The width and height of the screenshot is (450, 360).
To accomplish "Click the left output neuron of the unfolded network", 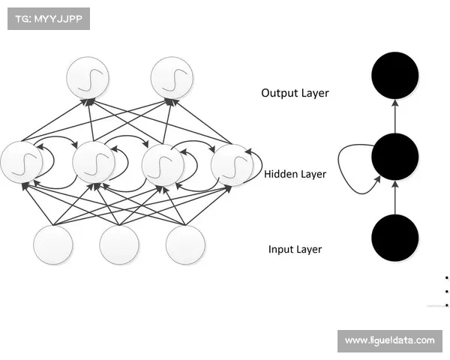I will coord(88,77).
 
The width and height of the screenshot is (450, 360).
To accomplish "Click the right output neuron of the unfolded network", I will coord(172,77).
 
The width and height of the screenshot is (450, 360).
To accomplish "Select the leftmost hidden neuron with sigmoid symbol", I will coord(22,161).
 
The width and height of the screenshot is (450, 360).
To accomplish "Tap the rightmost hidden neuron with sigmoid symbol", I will coord(231,163).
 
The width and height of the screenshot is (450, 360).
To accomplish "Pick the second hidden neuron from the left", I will coord(93,161).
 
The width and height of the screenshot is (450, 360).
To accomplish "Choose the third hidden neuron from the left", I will coord(162,163).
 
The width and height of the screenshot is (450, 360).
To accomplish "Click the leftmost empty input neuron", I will coord(53,244).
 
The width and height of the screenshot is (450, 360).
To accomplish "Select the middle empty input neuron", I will coord(119,244).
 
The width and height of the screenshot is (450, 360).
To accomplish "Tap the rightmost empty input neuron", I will coord(185,244).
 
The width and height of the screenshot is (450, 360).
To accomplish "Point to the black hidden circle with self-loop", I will coord(395,156).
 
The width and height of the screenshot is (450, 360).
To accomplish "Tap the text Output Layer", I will coord(295,93).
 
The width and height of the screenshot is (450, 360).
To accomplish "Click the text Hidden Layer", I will coord(295,174).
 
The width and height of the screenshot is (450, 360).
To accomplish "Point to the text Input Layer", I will coord(295,249).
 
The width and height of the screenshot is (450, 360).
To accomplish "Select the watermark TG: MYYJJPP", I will coord(48,18).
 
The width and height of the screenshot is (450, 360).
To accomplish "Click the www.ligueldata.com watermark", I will coord(389,340).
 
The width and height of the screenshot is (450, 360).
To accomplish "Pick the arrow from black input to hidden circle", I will coord(395,197).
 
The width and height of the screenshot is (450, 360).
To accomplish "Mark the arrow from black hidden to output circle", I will coord(395,115).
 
